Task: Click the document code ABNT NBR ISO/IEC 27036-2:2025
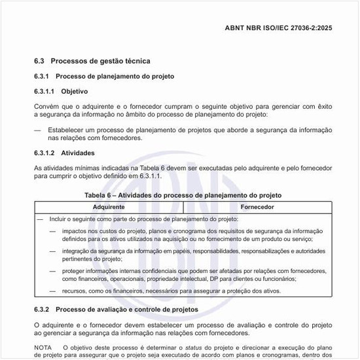tap(278, 28)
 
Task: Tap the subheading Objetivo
tap(74, 92)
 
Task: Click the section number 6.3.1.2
tap(45, 153)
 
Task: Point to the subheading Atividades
tap(78, 153)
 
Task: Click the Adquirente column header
tap(109, 207)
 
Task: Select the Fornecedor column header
tap(257, 207)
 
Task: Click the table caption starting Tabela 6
tap(183, 195)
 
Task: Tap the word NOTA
tap(43, 347)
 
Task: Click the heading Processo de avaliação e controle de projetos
tap(127, 309)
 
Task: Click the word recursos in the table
tap(77, 290)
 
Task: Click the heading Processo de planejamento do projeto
tap(115, 77)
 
